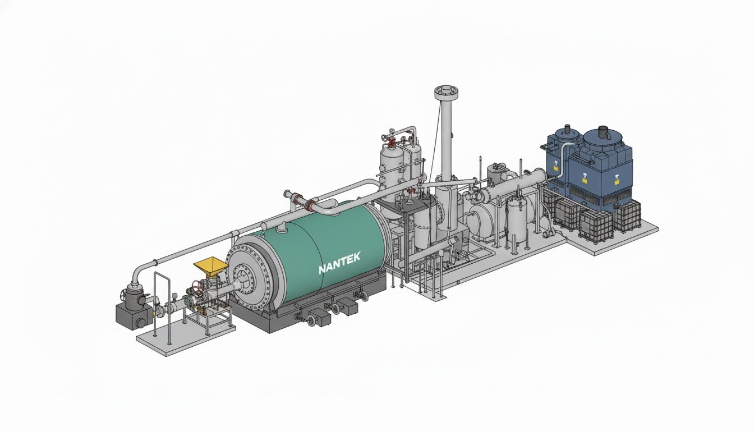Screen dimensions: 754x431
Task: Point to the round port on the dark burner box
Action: [x=141, y=322]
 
